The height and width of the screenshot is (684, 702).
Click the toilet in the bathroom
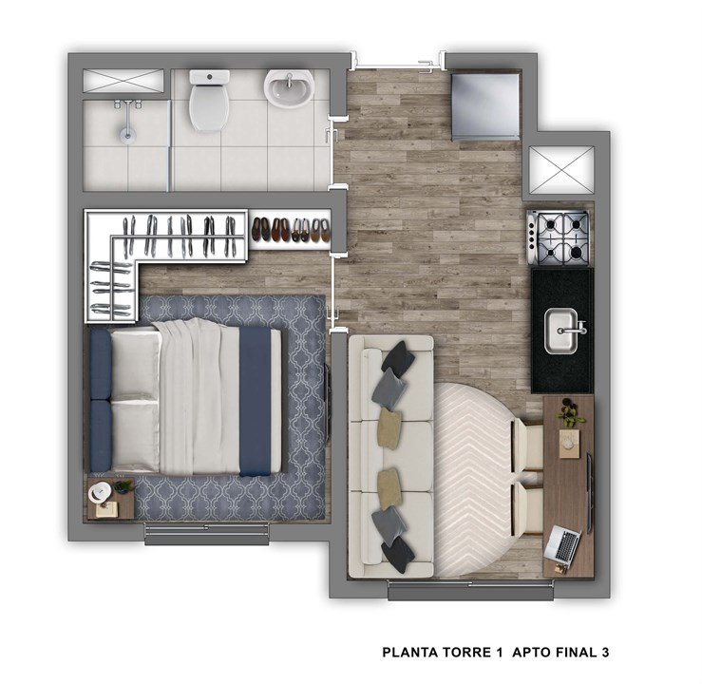tap(208, 102)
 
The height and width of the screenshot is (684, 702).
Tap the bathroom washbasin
tap(288, 90)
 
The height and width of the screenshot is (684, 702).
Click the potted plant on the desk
tap(570, 414)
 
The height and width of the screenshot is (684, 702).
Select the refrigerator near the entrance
tap(484, 104)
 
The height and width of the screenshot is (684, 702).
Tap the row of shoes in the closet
tap(291, 230)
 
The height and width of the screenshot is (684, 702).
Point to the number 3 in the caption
tap(604, 653)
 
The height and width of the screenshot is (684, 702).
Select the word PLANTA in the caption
tap(408, 653)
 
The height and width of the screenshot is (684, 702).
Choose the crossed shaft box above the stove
tap(558, 172)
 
